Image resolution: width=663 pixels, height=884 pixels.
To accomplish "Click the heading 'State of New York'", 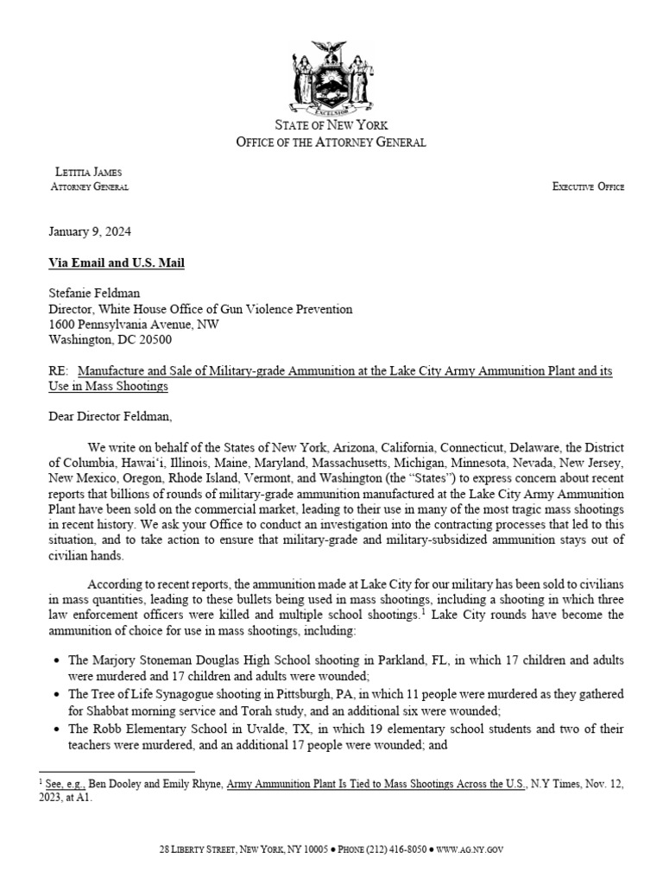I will [x=331, y=126].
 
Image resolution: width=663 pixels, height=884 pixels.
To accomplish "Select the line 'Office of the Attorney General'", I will [x=331, y=142].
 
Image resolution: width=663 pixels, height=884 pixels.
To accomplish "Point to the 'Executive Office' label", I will [x=589, y=186].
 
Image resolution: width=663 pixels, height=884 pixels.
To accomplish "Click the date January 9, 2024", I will [x=90, y=232].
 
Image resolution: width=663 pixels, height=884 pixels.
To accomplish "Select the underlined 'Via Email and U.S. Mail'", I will [x=117, y=262].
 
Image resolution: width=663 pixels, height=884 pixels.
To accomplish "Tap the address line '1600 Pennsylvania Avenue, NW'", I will [x=134, y=325].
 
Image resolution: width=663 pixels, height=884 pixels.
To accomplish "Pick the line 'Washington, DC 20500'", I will [x=110, y=340].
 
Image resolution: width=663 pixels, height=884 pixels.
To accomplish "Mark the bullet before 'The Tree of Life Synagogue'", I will [x=57, y=695].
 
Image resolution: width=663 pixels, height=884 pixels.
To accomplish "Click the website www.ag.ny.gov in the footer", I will [x=470, y=850].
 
